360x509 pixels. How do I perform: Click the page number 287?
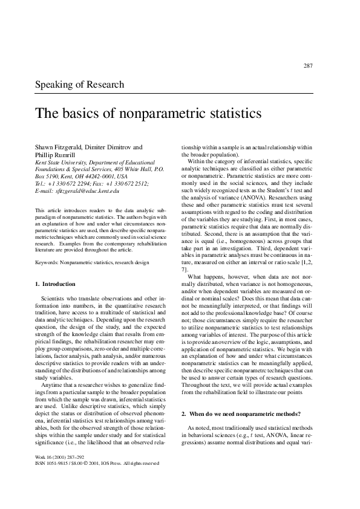point(307,66)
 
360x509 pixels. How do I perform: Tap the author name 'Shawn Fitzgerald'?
point(57,147)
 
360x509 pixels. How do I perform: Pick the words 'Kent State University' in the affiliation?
point(61,162)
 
